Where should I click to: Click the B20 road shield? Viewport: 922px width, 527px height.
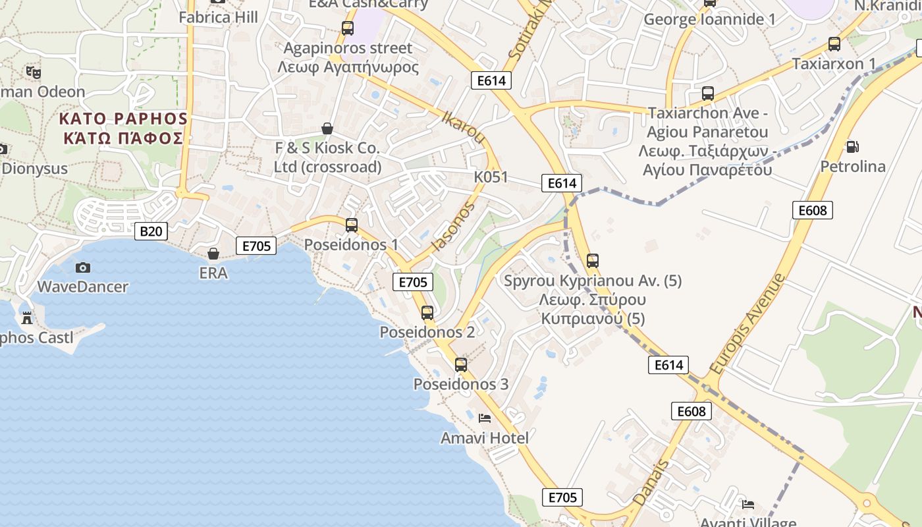click(151, 231)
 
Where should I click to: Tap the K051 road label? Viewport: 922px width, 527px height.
click(491, 177)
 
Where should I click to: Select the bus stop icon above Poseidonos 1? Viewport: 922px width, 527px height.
click(352, 225)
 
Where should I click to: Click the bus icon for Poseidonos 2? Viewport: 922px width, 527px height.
click(427, 313)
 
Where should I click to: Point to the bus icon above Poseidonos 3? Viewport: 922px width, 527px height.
click(461, 364)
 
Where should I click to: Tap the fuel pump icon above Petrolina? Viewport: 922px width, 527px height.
click(852, 147)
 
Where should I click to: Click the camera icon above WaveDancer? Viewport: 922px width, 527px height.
click(83, 267)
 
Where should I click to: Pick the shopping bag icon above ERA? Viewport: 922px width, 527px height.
click(213, 254)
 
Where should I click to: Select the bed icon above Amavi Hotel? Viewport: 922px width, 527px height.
click(485, 418)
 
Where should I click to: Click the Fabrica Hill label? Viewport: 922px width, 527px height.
click(219, 17)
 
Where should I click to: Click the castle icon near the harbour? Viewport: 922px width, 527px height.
click(27, 318)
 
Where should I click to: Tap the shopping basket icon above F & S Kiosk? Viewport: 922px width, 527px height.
click(327, 128)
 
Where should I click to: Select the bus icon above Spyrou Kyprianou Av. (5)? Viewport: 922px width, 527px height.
click(593, 261)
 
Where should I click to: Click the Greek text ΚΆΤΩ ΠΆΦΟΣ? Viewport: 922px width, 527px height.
click(123, 138)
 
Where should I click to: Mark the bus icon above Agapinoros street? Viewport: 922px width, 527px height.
click(347, 28)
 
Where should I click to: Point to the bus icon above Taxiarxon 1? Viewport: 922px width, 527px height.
click(834, 44)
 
